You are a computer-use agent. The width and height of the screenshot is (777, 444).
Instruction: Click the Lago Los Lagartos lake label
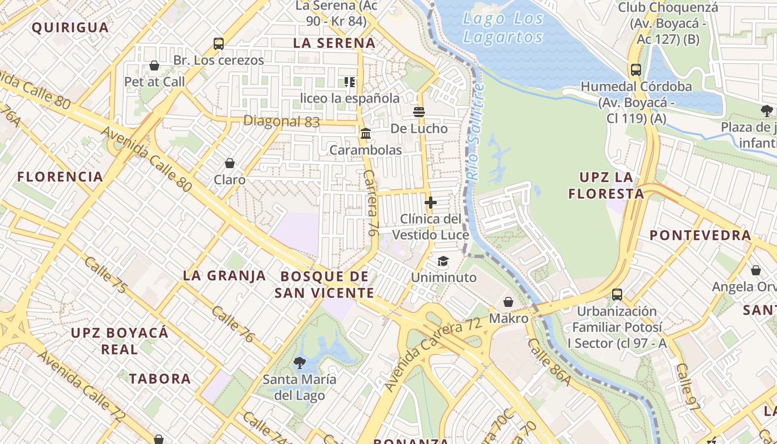click(x=503, y=28)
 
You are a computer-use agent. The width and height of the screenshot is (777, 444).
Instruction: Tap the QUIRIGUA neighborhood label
click(x=70, y=27)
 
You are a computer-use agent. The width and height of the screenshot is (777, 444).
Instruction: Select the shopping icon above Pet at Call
click(x=154, y=65)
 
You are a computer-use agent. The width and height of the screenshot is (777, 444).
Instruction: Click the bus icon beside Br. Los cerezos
click(x=219, y=44)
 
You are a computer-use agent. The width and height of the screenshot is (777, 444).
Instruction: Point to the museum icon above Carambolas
click(x=366, y=134)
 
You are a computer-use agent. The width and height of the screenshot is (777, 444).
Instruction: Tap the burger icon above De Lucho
click(x=419, y=112)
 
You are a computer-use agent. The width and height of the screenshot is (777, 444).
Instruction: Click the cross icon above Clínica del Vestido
click(x=430, y=203)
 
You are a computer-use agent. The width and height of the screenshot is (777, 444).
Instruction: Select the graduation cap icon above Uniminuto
click(x=443, y=261)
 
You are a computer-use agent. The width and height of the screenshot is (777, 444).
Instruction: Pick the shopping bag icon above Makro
click(x=508, y=302)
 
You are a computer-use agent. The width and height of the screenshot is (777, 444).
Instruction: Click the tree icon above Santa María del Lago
click(x=300, y=363)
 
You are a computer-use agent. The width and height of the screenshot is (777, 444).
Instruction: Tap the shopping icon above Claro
click(x=230, y=163)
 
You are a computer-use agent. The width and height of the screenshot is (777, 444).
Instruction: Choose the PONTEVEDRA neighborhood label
click(x=700, y=235)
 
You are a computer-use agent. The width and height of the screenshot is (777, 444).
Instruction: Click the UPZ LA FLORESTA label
click(x=607, y=185)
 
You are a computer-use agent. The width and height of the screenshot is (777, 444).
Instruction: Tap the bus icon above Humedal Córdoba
click(x=636, y=70)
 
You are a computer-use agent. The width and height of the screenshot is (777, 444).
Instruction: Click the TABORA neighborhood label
click(x=160, y=379)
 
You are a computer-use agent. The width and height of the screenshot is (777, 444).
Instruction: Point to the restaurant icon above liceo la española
click(x=350, y=82)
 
